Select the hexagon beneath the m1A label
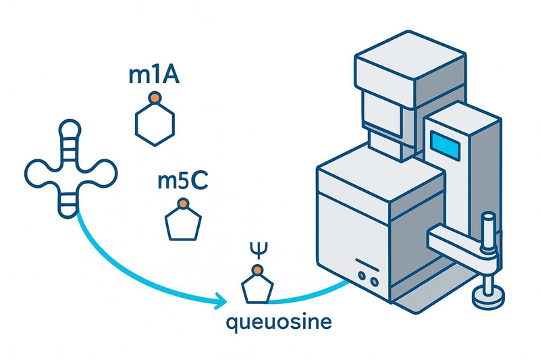click(x=155, y=124)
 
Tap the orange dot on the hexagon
click(x=155, y=99)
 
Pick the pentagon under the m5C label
click(x=183, y=224)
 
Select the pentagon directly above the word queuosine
click(x=257, y=289)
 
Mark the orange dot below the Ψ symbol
click(x=257, y=270)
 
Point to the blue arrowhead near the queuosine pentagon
click(x=219, y=298)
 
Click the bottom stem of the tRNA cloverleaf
click(x=69, y=203)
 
